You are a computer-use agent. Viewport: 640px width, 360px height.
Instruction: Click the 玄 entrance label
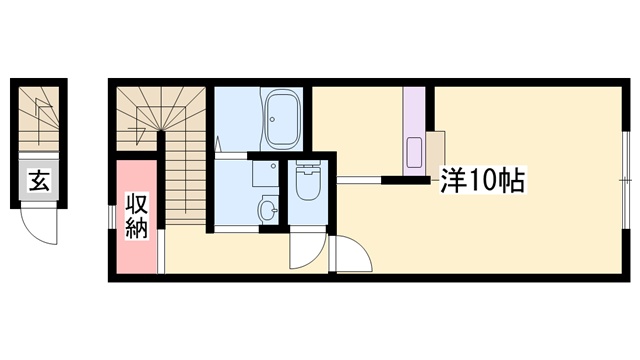[39, 180]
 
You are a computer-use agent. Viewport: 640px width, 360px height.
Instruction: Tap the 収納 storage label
[136, 216]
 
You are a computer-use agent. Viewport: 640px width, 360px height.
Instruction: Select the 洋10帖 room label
[482, 180]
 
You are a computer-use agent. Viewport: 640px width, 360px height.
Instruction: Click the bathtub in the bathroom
[282, 119]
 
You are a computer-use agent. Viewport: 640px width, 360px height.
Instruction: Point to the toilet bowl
[308, 183]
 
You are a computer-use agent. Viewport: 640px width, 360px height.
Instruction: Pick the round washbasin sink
[268, 209]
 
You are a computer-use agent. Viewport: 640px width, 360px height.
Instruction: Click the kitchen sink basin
[414, 153]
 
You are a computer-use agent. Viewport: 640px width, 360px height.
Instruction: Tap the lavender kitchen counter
[414, 131]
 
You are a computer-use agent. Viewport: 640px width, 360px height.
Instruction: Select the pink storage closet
[137, 217]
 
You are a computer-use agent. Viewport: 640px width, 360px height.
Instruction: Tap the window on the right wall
[626, 180]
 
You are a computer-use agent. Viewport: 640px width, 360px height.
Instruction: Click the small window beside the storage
[112, 216]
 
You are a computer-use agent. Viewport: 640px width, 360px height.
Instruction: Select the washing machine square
[265, 174]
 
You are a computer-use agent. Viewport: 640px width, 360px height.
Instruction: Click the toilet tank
[308, 164]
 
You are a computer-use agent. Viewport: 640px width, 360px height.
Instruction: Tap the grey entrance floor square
[39, 180]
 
